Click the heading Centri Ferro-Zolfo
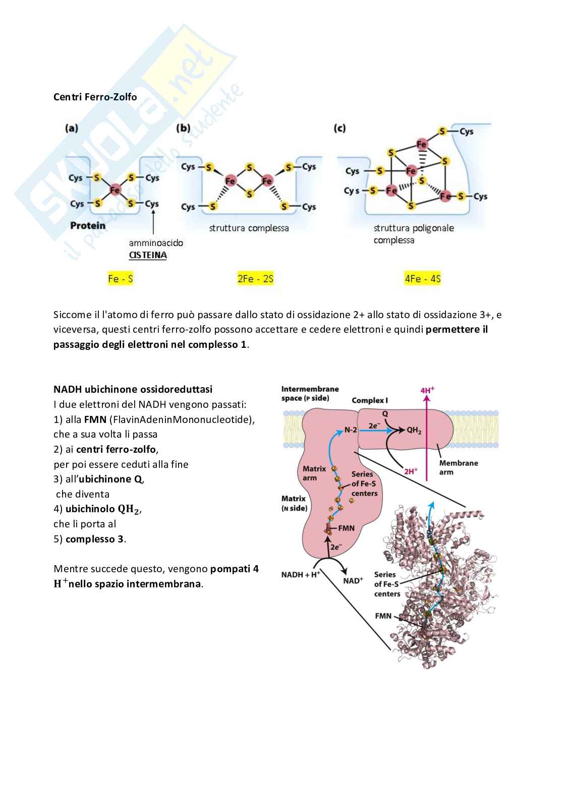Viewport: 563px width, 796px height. [95, 97]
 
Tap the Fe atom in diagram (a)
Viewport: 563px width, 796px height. [115, 190]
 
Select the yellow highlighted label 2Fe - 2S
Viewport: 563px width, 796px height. [255, 279]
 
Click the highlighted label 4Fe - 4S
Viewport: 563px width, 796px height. [422, 279]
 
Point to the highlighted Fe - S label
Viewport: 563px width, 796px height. [121, 279]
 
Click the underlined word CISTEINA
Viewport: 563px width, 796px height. [148, 255]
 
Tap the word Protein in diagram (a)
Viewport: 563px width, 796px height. [88, 225]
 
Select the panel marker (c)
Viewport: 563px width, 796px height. [340, 128]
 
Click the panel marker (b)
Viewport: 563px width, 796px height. [183, 128]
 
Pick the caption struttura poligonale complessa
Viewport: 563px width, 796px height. [414, 234]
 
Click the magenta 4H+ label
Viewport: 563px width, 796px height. [427, 390]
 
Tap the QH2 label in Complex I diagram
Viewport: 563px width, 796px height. [414, 430]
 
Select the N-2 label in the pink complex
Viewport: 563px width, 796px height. [351, 430]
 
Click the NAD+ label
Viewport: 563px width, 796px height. [353, 581]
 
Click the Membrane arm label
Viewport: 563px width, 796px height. [458, 467]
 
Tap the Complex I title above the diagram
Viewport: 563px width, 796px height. [370, 400]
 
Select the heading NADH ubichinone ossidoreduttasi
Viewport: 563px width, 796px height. [133, 389]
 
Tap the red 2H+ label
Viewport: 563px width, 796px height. [411, 471]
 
